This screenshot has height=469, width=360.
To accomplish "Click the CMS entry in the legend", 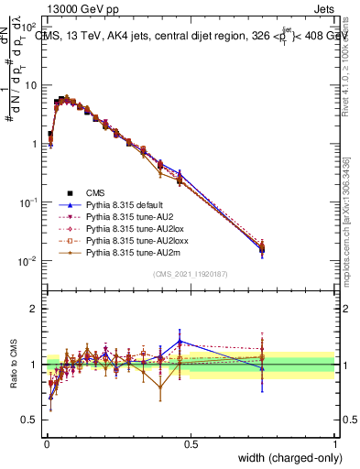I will point(95,192).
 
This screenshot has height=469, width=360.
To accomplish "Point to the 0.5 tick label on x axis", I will point(191,443).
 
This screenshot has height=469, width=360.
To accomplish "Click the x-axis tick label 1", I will point(335,443).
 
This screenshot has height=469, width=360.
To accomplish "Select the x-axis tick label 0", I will point(46,443).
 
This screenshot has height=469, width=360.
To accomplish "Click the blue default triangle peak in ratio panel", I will point(180,341).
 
